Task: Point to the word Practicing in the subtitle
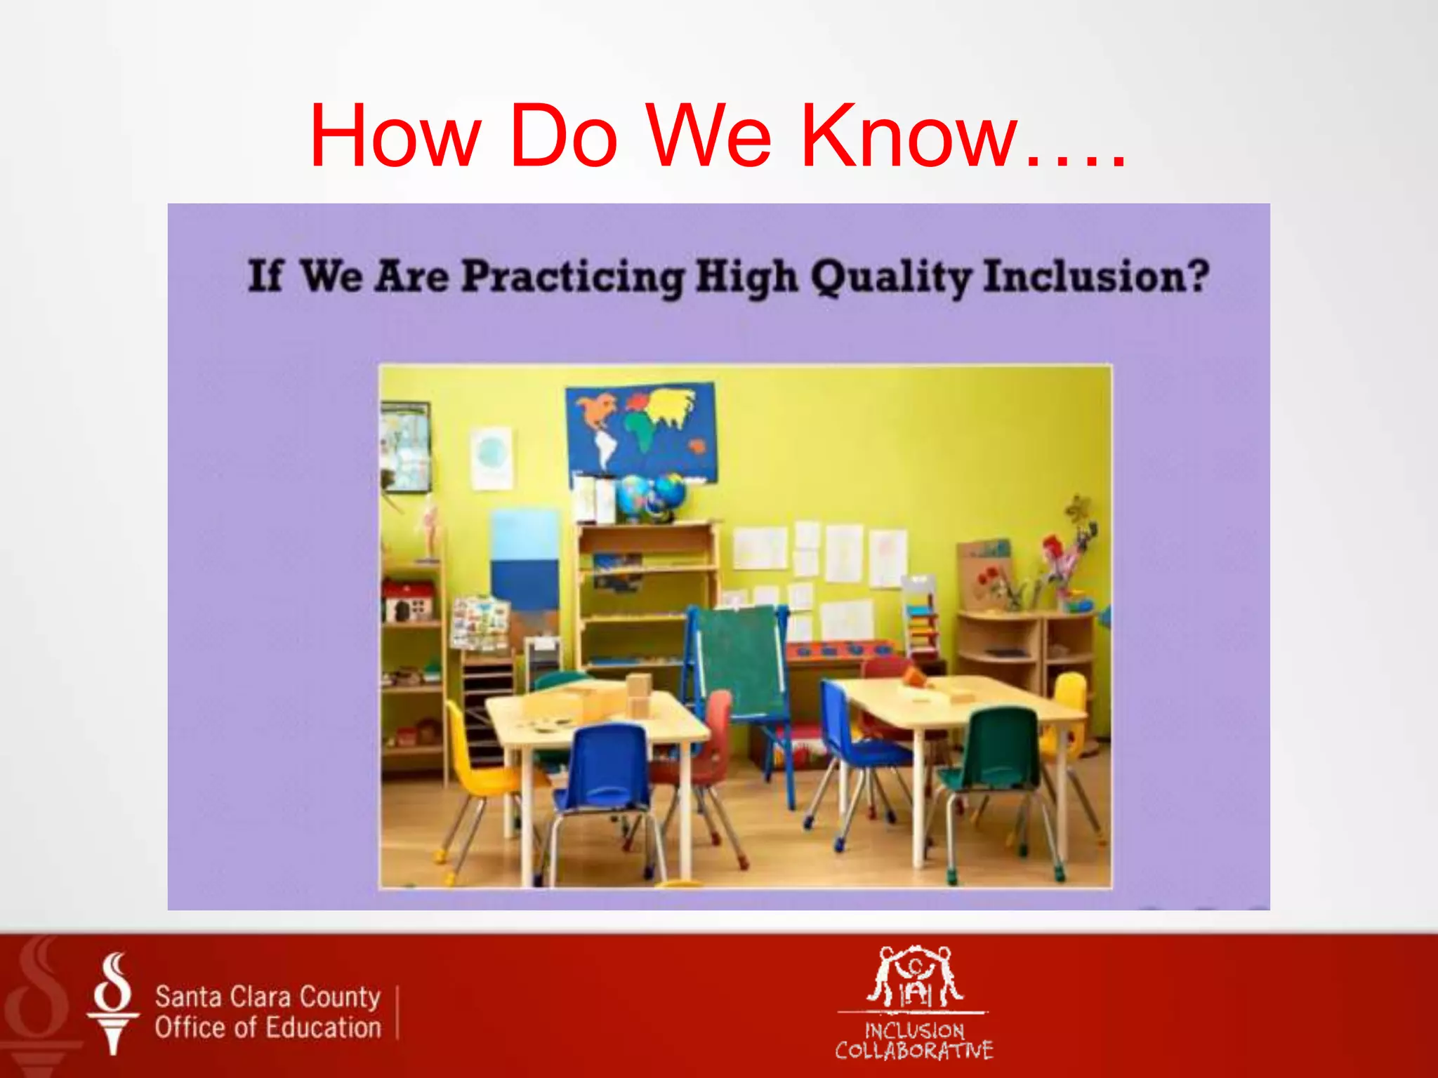pyautogui.click(x=572, y=277)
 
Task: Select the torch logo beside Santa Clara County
pyautogui.click(x=113, y=1004)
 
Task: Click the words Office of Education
pyautogui.click(x=268, y=1027)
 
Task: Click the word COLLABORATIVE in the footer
pyautogui.click(x=913, y=1051)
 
